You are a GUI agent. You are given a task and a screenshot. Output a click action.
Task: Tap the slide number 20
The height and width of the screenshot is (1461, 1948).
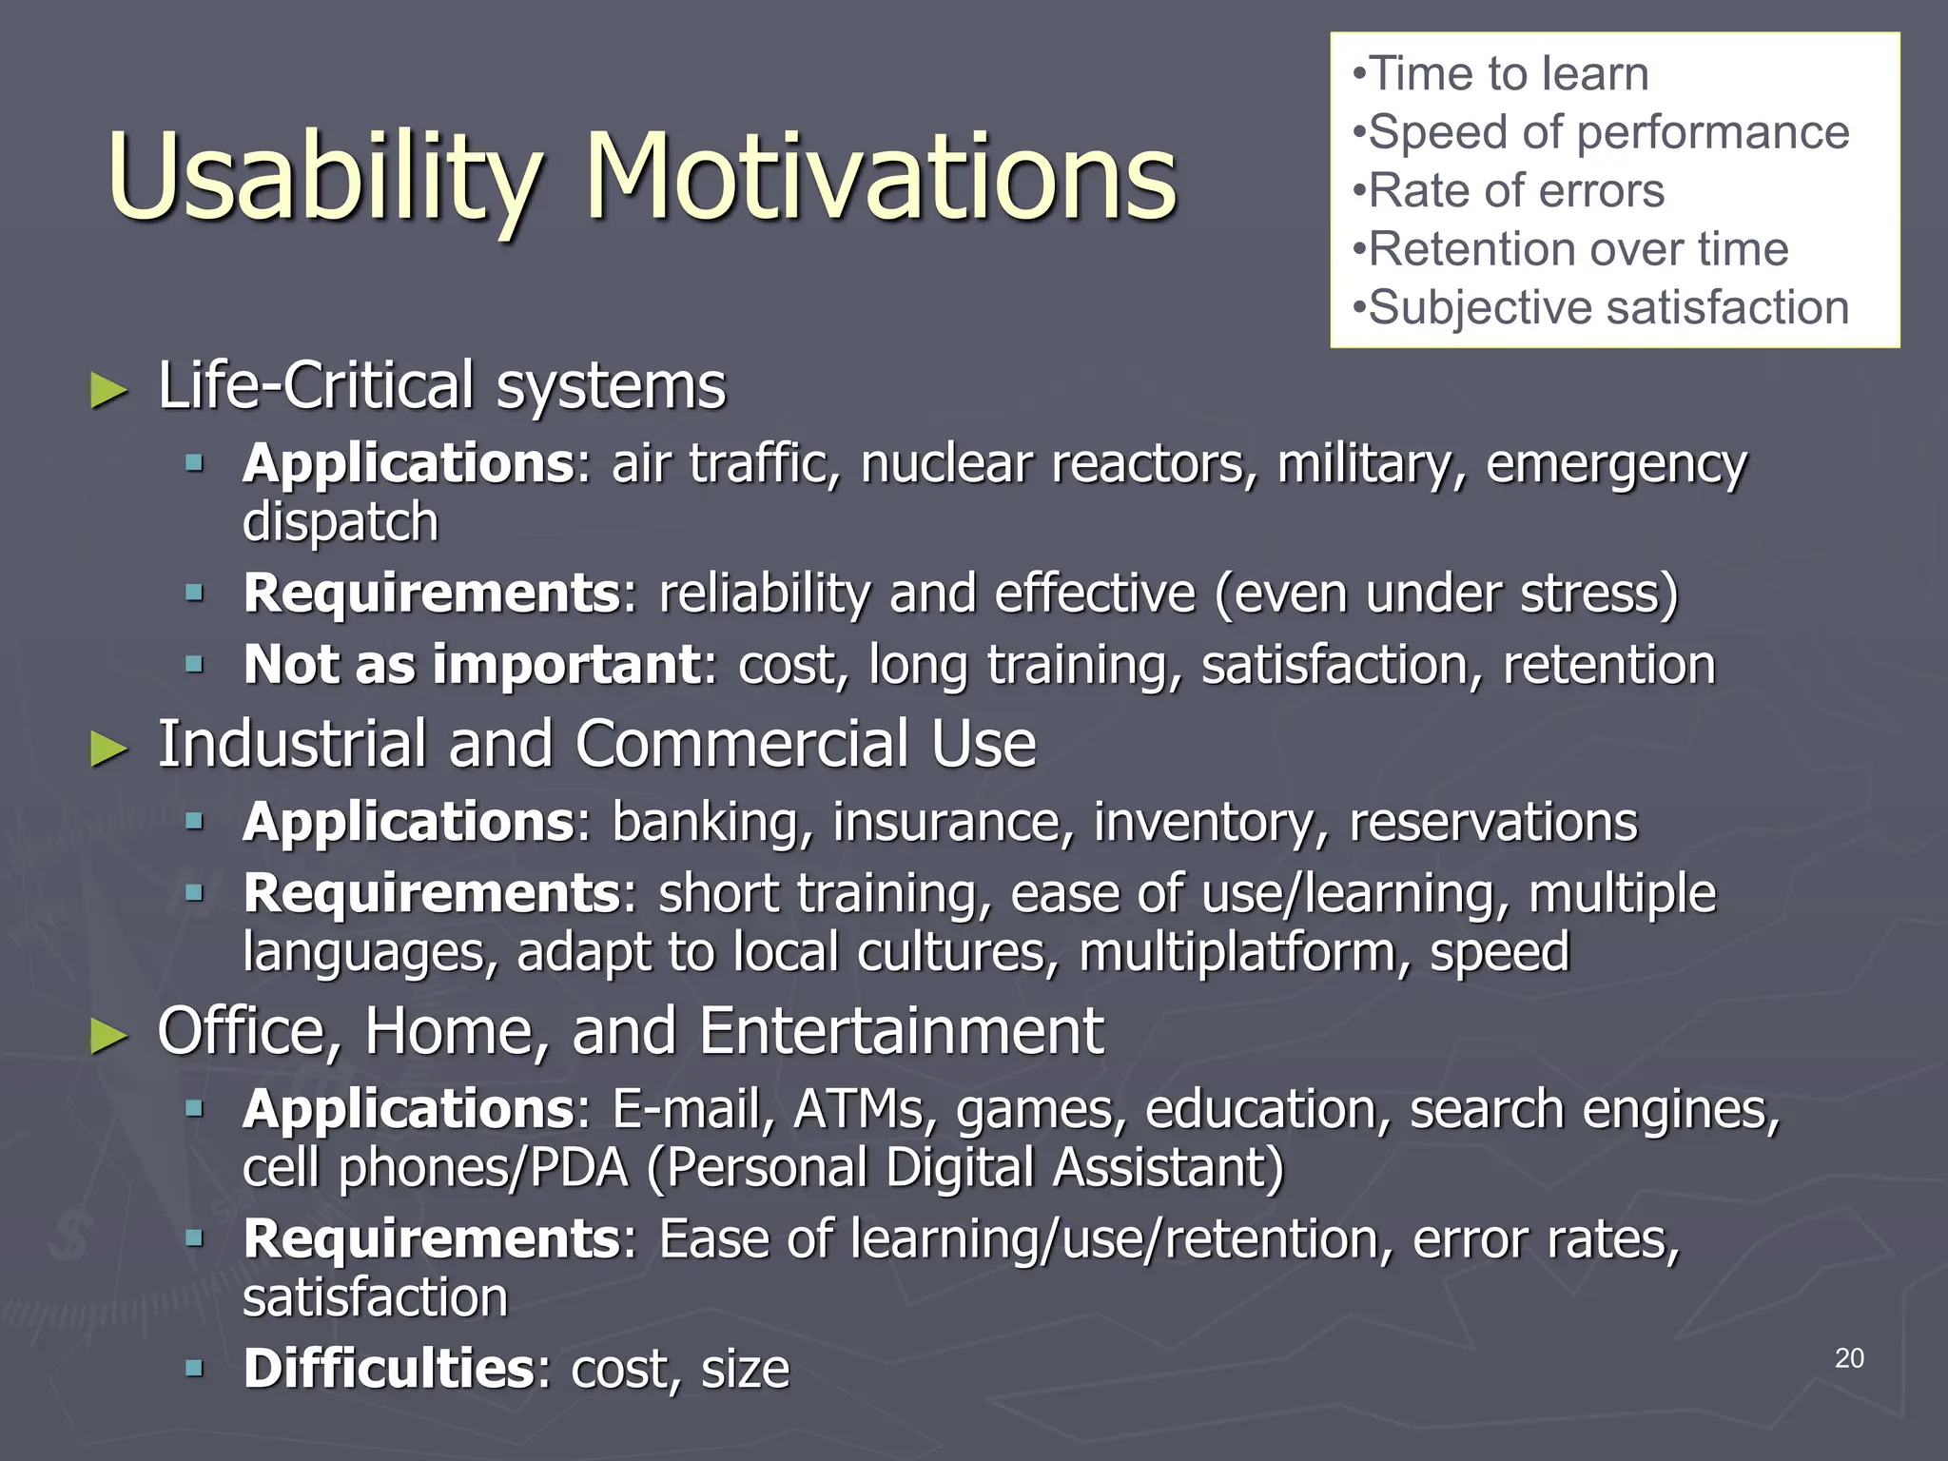[1848, 1358]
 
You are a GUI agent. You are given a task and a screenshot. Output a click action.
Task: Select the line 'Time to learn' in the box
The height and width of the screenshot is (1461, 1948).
[1508, 74]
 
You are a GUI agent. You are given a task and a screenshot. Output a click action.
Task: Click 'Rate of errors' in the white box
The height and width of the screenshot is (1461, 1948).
[1516, 191]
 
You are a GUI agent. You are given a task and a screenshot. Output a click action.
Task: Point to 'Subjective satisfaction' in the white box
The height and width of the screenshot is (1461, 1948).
[1607, 308]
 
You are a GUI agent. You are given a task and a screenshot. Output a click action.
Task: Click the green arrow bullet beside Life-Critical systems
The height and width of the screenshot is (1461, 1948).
[108, 390]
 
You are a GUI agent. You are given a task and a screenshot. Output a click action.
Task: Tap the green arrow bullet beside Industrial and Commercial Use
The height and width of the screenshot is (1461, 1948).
[108, 749]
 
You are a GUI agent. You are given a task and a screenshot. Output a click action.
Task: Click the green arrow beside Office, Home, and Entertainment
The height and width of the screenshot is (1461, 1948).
[108, 1036]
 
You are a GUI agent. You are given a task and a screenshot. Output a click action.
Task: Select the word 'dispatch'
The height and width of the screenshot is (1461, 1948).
[341, 523]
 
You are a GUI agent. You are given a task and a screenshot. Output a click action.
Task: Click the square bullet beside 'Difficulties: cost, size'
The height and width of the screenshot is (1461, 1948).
[195, 1369]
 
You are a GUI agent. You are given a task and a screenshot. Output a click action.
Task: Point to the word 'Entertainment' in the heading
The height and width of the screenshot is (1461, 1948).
[901, 1031]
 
